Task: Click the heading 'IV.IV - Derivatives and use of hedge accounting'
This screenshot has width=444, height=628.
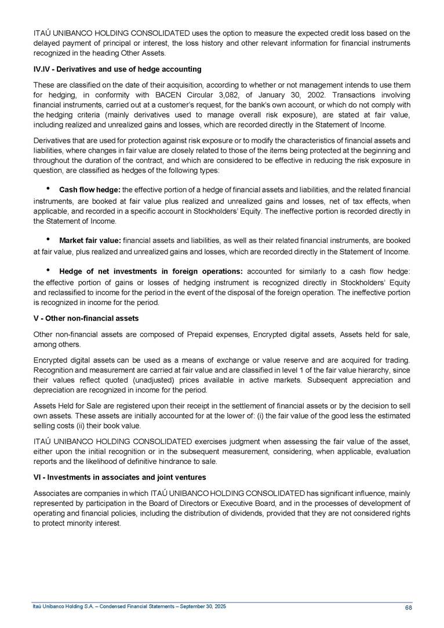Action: [117, 69]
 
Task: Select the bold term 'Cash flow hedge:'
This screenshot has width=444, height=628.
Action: [90, 190]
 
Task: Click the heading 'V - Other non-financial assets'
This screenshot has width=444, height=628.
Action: [86, 318]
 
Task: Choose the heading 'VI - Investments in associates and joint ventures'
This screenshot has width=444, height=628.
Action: [119, 477]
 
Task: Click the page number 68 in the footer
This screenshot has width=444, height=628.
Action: [408, 607]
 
